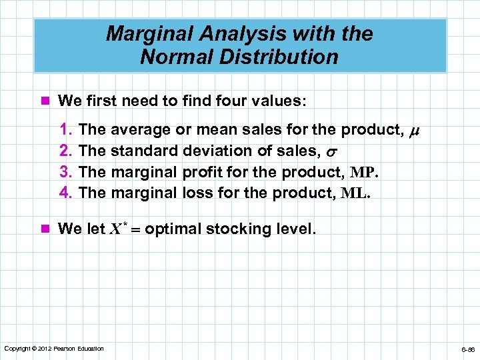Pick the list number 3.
tap(66, 172)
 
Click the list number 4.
tap(66, 193)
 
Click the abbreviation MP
tap(364, 172)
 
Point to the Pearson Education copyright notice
tap(54, 349)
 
